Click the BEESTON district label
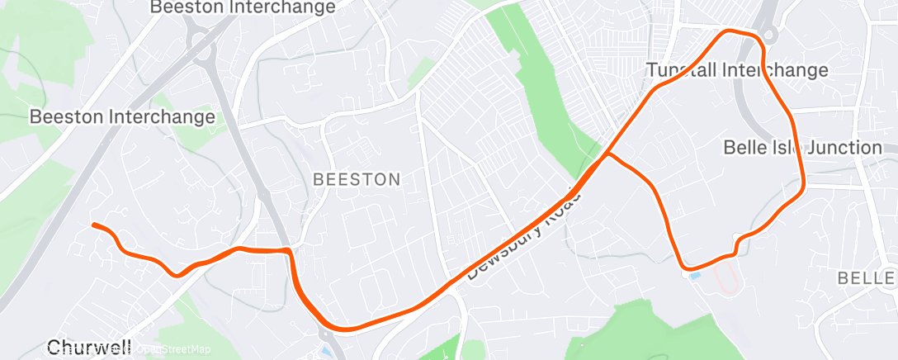coord(357,179)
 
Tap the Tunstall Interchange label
coord(737,70)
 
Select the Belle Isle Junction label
coord(802,148)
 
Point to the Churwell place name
coord(89,348)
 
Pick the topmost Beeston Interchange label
coord(243,7)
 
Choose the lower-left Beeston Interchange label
coord(122,117)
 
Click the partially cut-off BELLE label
coord(866,278)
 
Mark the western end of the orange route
coord(93,225)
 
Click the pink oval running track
coord(727,280)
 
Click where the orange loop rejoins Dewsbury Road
coord(607,154)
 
